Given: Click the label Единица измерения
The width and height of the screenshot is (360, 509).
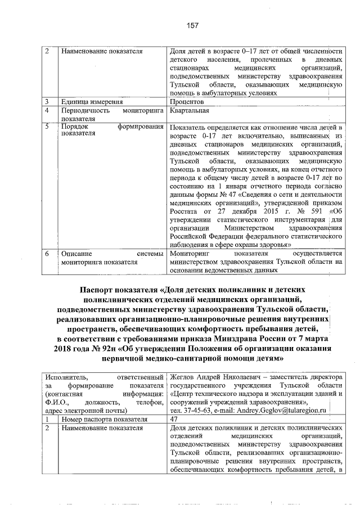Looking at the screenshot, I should coord(92,102).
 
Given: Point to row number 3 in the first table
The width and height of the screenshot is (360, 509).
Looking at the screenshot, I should coord(47,102).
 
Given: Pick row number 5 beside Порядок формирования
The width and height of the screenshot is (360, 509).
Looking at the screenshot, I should coord(47,128).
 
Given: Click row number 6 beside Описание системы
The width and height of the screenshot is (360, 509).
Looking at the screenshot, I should coord(47,254).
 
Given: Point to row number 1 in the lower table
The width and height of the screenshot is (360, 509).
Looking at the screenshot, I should coord(47,419).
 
